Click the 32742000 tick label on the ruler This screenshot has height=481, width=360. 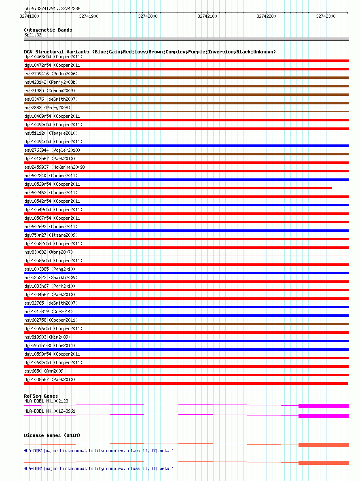point(148,16)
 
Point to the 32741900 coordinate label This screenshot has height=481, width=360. point(89,16)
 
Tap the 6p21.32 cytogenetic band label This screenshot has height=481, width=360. point(33,35)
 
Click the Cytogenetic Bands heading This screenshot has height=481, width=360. point(48,30)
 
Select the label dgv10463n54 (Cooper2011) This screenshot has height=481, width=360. point(53,57)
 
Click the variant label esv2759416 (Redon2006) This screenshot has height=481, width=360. point(51,74)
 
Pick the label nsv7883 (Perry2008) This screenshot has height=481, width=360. point(47,108)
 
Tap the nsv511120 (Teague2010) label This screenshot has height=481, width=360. point(51,133)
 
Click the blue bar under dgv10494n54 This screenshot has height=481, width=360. point(186,146)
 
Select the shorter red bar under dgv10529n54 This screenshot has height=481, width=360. point(178,188)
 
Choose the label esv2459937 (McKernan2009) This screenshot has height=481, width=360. point(55,167)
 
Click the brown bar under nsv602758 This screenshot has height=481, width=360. point(186,324)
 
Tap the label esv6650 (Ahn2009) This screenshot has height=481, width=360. point(45,371)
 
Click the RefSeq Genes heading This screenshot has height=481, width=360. point(41,396)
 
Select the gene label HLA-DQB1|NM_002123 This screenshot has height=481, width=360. point(46,401)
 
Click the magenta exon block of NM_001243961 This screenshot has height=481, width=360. point(323,416)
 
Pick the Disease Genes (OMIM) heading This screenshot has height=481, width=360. point(52,435)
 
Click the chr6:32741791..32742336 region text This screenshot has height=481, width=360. point(52,8)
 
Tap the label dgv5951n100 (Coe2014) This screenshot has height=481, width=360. point(50,345)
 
